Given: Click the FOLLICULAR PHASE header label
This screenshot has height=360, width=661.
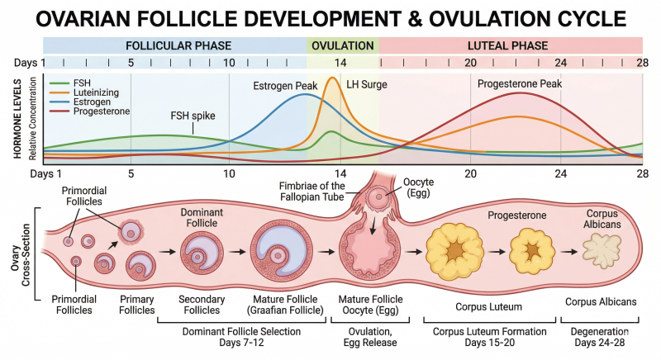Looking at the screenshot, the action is coord(178,45).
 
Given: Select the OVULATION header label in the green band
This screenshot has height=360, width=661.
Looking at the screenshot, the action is coord(343,45).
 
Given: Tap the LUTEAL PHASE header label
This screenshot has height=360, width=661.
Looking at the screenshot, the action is coord(507,45).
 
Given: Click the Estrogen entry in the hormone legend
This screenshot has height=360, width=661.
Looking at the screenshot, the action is coord(92,102).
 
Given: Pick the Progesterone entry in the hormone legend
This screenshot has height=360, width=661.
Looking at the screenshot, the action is coord(102,111).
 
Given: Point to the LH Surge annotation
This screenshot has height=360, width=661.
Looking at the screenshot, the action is coord(367,84).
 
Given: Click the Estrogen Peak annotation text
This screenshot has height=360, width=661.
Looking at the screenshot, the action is coord(285,86).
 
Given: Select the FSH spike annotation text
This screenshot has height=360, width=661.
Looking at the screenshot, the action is coord(193,116).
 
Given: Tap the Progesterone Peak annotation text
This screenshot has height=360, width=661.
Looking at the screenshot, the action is coord(520,83).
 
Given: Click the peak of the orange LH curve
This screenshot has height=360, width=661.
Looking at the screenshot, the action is coord(332,78).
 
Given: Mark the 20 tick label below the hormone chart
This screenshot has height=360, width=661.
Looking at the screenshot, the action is coord(470,173).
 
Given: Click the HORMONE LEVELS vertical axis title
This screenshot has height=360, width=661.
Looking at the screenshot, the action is coord(17,118).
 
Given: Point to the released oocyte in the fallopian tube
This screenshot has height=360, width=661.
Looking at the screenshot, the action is coord(378,197).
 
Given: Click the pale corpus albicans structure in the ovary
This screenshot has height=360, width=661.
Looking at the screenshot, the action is coord(602,250).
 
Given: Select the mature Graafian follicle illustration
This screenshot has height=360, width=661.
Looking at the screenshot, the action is coord(282,250).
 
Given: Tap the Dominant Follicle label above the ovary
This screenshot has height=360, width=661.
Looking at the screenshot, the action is coord(202,218).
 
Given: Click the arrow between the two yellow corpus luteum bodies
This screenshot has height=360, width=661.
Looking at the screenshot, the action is coord(497,252).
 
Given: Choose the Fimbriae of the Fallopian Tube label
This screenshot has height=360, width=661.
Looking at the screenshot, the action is coord(312,192).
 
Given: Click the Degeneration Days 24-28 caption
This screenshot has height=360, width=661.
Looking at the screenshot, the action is coord(600,337).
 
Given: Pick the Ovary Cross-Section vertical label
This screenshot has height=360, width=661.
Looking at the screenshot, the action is coord(21,255).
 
